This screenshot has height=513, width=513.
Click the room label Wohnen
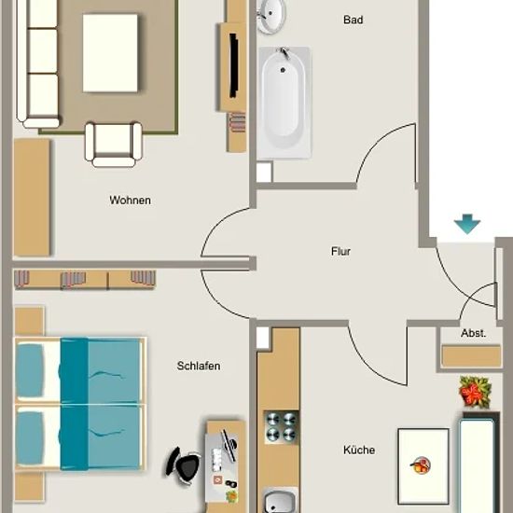coord(131,200)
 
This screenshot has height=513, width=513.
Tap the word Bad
coord(353,20)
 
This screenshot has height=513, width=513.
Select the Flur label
coord(340,251)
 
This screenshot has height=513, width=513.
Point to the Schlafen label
coord(199,366)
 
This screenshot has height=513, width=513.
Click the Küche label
coord(359,450)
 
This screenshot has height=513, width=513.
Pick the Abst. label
coord(473,333)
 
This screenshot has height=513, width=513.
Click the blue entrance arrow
coord(467,224)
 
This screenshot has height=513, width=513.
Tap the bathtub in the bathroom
coord(284,103)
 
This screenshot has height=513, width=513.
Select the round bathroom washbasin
coord(271,15)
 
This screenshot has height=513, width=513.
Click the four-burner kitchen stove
coord(282,426)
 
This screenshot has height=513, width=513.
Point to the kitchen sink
coord(280,501)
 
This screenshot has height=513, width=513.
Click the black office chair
coord(183,465)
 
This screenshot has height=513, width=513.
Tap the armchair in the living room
coord(114,144)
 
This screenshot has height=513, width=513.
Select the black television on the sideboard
coord(233,65)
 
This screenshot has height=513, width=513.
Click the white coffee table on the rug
coord(110,53)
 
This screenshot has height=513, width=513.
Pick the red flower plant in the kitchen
coord(475,392)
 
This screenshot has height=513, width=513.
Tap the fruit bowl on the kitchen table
coord(421,464)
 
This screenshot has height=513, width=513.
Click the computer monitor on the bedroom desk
coord(229,445)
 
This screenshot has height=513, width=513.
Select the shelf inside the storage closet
coord(471,355)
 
